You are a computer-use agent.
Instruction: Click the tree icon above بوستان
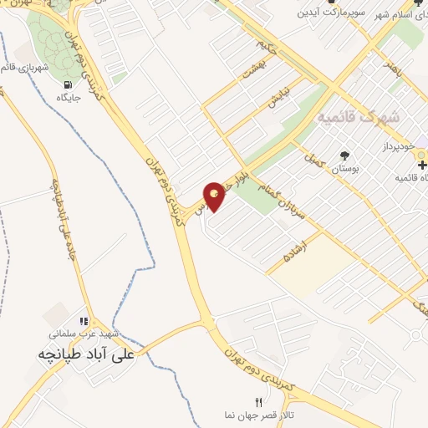click(344, 155)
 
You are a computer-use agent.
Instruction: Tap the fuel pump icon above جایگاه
click(67, 84)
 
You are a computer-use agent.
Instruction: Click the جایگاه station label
click(67, 98)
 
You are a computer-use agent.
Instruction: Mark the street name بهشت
click(252, 69)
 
